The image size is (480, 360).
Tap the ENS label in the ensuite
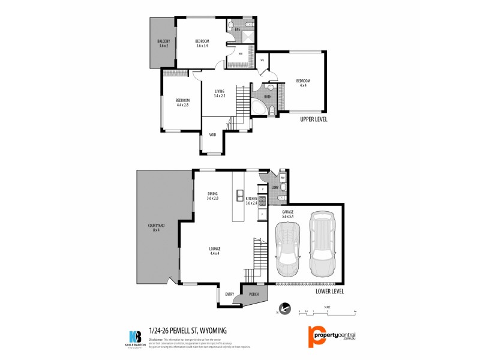(237, 29)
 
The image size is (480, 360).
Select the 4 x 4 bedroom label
(302, 83)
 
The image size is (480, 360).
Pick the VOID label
(212, 134)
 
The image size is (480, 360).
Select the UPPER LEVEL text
(314, 119)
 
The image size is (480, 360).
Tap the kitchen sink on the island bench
(239, 195)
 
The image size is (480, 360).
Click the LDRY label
(275, 188)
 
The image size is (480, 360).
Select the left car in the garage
(288, 247)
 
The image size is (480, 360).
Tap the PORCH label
(253, 294)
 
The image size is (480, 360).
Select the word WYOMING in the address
(215, 330)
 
